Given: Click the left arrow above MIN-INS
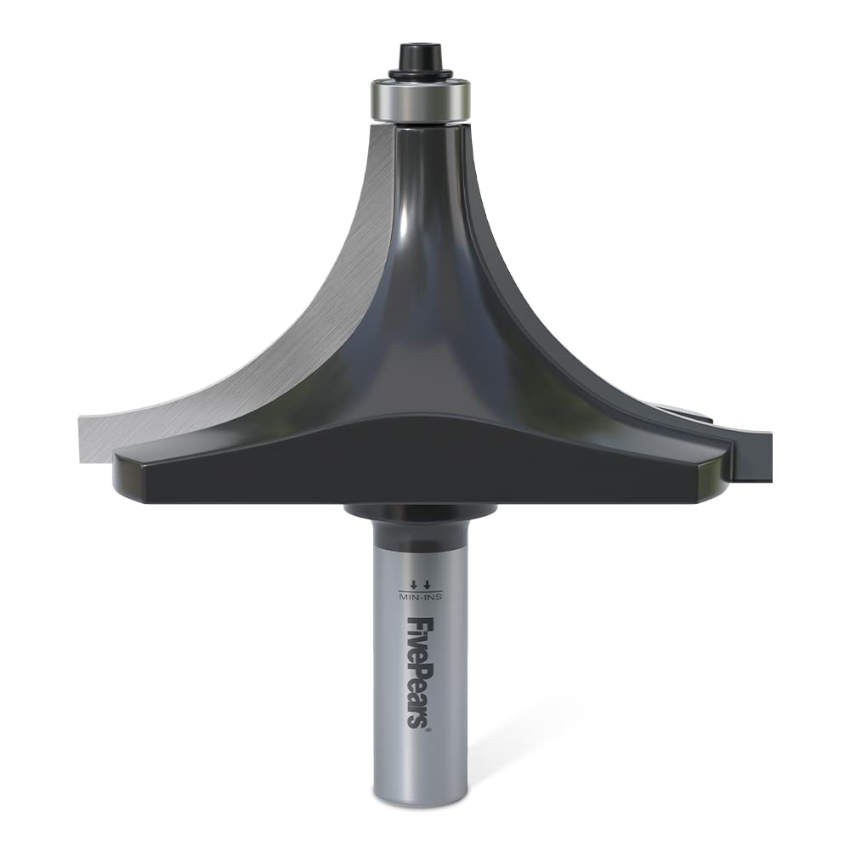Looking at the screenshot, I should [x=413, y=584].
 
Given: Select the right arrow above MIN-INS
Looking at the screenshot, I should [x=427, y=584].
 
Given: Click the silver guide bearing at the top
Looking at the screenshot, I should [x=420, y=99].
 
